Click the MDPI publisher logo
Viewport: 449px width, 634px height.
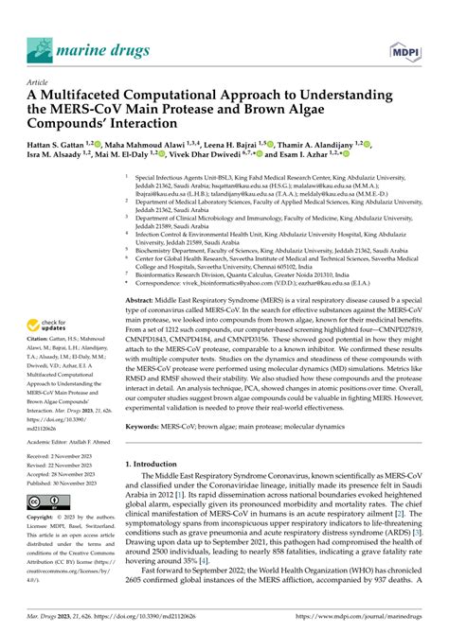click(407, 48)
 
